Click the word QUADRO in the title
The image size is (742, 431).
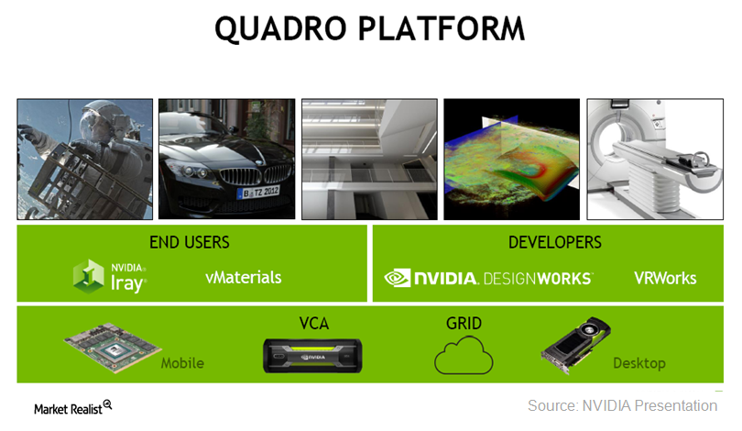[x=280, y=29]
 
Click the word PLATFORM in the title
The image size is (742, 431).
[x=441, y=29]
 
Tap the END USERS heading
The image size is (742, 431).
[x=190, y=242]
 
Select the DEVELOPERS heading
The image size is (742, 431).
[x=554, y=242]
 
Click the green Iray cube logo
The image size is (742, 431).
[x=89, y=276]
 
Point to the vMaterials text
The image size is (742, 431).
[x=244, y=278]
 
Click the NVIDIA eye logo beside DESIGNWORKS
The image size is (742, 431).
[x=397, y=278]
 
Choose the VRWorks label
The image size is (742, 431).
[x=665, y=278]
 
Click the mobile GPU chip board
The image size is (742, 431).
[x=113, y=348]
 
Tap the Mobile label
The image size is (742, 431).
[x=182, y=363]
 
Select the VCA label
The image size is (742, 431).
[x=313, y=324]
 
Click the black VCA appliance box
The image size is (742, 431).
[x=312, y=356]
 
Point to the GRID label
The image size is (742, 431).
[x=464, y=324]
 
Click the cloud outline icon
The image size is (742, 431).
[x=464, y=355]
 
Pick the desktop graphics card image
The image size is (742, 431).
[x=575, y=346]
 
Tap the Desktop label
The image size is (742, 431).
[x=639, y=363]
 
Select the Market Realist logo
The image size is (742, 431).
[x=73, y=408]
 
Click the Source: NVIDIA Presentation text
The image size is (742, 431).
[x=622, y=406]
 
